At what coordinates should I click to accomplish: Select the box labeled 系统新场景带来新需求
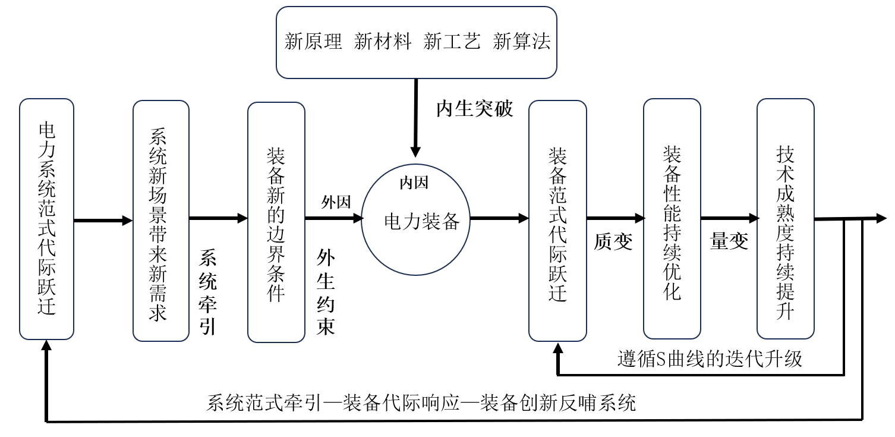pos(160,221)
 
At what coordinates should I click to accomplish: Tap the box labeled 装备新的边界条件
pos(276,222)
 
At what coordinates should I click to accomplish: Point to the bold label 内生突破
pos(474,109)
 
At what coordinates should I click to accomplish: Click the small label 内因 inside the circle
pos(414,183)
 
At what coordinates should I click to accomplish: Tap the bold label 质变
pos(613,242)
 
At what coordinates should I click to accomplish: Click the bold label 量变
pos(729,241)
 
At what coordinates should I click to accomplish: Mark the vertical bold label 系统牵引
pos(207,292)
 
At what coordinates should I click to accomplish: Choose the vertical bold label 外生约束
pos(325,292)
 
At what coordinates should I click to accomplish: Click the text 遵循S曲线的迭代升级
pos(710,359)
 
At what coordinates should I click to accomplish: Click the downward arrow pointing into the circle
pos(415,119)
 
